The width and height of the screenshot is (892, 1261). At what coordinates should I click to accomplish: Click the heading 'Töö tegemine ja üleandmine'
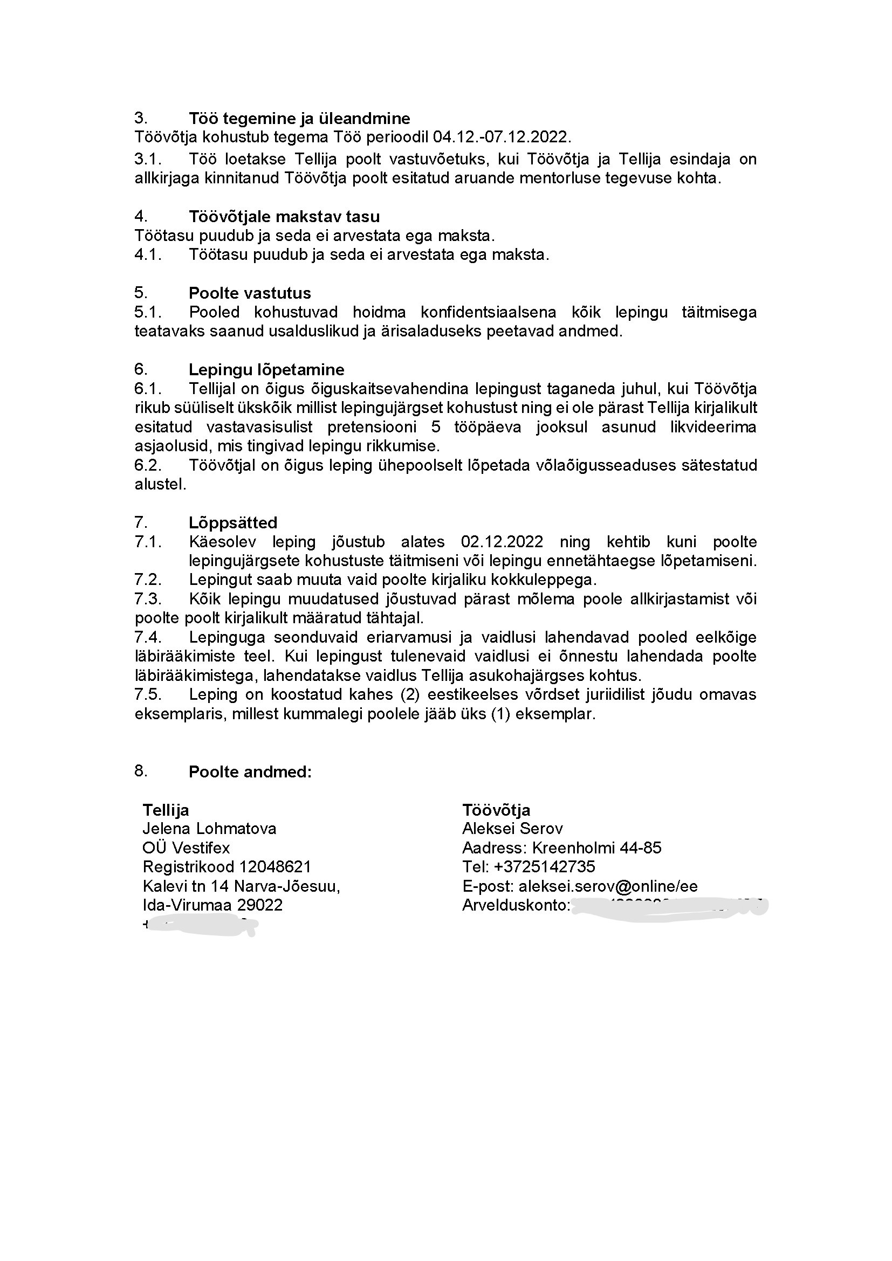[299, 118]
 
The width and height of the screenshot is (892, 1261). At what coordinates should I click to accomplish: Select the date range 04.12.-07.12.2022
[502, 137]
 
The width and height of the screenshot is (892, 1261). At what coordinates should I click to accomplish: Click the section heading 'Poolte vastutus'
[250, 293]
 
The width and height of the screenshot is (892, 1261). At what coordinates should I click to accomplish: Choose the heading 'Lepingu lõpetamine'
[266, 369]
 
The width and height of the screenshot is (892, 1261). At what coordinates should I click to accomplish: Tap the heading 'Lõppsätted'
[233, 522]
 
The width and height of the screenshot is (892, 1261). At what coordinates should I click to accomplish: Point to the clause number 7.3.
[148, 598]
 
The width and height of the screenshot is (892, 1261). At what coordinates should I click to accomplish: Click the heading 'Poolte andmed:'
[250, 771]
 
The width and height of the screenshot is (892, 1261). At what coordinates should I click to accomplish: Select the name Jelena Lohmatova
[209, 828]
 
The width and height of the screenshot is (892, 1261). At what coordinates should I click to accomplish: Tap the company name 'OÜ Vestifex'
[186, 847]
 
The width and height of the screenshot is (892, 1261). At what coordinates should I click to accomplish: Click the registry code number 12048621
[276, 867]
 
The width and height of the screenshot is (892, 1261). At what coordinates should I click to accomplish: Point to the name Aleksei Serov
[512, 828]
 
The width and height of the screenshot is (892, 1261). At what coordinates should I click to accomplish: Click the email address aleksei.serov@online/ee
[608, 886]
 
